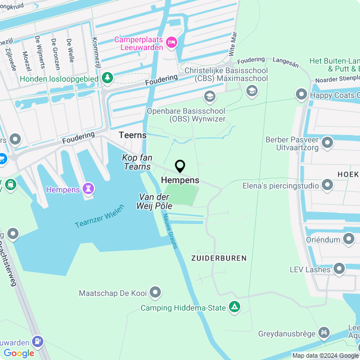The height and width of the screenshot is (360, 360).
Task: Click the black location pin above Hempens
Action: [x=180, y=166]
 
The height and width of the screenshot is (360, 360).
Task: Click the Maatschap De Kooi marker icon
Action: [x=155, y=292]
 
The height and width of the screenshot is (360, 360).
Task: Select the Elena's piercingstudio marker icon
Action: [x=327, y=185]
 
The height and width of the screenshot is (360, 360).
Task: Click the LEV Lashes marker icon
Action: [x=339, y=269]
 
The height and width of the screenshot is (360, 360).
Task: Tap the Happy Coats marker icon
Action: [x=301, y=94]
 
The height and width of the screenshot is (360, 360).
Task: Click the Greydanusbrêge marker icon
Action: [x=324, y=334]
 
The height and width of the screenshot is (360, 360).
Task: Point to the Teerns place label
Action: [x=133, y=135]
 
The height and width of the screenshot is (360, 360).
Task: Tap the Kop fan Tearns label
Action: [x=136, y=162]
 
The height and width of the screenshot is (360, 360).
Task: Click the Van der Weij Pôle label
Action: [x=156, y=201]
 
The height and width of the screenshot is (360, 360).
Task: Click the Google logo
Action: [x=19, y=353]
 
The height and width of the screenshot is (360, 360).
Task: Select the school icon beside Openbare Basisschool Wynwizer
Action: [x=210, y=96]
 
